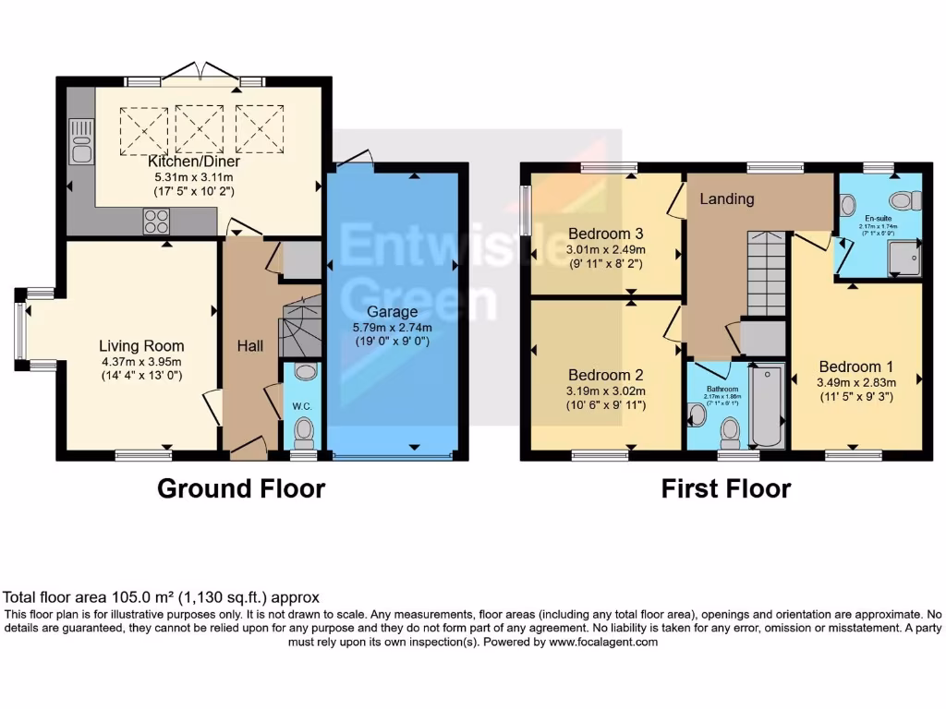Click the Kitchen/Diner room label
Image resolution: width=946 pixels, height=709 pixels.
click(194, 162)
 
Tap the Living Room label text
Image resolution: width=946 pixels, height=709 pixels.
click(141, 346)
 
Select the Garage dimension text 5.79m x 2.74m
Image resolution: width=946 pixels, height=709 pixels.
click(393, 327)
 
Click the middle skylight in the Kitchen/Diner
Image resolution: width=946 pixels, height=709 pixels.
click(200, 129)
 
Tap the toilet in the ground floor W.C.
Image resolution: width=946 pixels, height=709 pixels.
click(304, 430)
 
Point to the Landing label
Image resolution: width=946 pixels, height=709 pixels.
click(726, 198)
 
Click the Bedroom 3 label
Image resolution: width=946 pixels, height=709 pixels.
click(605, 233)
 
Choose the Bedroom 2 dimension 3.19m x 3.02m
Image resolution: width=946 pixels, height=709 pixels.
click(606, 391)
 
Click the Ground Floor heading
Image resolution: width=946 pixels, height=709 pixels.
click(241, 488)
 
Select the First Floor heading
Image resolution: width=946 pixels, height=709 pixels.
click(725, 488)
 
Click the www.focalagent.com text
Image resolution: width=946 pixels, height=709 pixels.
click(600, 643)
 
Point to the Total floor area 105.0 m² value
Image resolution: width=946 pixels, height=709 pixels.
click(162, 597)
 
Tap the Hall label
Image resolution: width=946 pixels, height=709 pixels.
click(249, 346)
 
